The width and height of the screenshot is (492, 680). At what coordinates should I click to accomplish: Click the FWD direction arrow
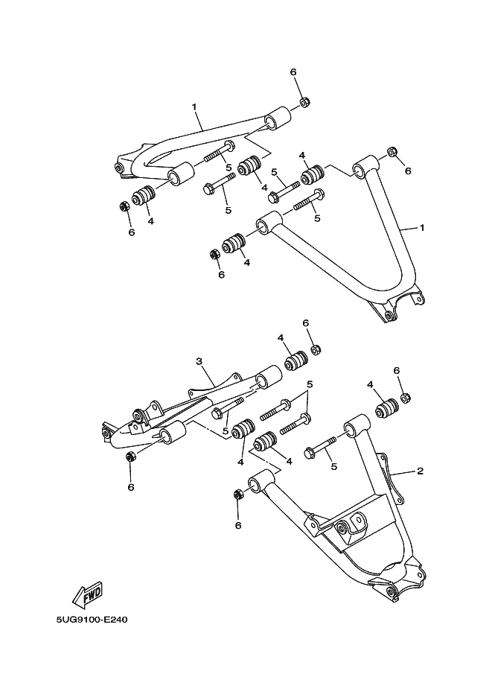86,594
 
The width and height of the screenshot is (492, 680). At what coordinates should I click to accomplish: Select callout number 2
420,471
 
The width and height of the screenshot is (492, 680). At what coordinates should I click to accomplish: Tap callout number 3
199,362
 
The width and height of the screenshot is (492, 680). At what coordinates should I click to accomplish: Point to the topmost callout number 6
293,72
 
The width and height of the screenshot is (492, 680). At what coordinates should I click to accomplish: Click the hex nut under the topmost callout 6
304,102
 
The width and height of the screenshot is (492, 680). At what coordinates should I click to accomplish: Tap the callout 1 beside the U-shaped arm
421,228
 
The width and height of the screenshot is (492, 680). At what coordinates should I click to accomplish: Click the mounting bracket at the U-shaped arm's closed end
390,313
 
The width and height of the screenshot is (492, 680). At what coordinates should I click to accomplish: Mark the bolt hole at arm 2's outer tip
390,592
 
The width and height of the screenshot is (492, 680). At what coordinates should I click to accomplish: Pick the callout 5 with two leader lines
310,384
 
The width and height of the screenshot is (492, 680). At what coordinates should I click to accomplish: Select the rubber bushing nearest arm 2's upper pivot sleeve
386,410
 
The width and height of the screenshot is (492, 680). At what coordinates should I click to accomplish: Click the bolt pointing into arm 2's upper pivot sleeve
321,450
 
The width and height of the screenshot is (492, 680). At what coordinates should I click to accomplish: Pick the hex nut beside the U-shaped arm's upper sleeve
392,153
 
